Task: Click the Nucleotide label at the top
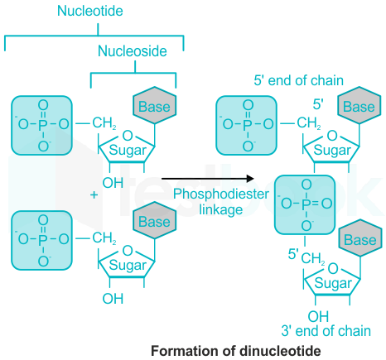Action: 90,11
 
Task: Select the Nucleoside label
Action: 133,51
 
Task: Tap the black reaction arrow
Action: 208,179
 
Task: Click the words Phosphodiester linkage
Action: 221,202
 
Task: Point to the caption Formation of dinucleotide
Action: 236,351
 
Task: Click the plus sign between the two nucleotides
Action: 94,195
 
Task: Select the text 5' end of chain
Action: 299,80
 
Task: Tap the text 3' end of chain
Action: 326,331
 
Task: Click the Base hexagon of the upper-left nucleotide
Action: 154,105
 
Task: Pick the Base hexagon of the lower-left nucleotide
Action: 154,220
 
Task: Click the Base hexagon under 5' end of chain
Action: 359,105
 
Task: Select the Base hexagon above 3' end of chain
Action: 360,238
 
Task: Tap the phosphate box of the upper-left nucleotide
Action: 41,125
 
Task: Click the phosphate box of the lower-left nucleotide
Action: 41,240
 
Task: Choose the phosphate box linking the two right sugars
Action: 305,205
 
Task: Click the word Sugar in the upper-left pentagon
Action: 128,151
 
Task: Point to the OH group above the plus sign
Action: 113,183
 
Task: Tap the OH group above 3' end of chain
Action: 318,316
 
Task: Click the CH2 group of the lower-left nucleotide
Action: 104,238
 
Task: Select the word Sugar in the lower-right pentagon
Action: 333,283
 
